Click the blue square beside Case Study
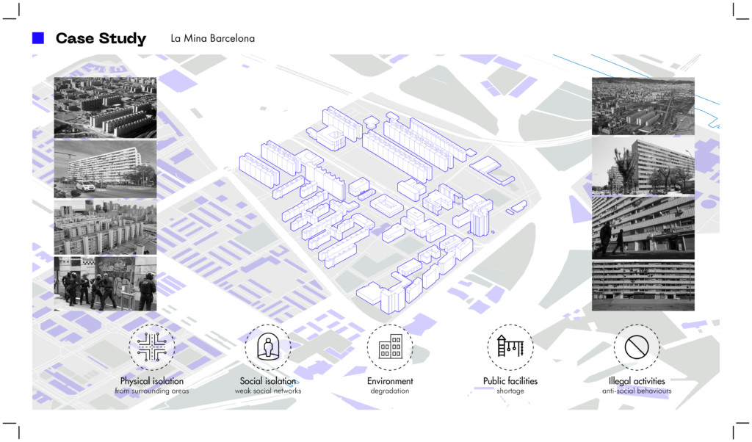point(38,38)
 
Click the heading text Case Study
point(101,39)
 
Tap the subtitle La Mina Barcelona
point(212,38)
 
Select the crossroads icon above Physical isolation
point(152,347)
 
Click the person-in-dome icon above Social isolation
point(267,347)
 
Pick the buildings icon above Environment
point(390,347)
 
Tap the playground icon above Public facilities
point(510,347)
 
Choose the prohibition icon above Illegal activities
point(636,347)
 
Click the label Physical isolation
point(152,381)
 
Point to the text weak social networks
point(268,391)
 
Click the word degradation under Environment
point(390,391)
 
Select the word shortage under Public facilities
point(510,391)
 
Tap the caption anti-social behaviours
point(636,391)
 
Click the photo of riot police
point(105,283)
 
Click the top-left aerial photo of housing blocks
point(105,107)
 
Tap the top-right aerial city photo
point(643,106)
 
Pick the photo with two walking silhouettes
point(643,227)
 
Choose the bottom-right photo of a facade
point(643,286)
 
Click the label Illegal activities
point(636,381)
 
